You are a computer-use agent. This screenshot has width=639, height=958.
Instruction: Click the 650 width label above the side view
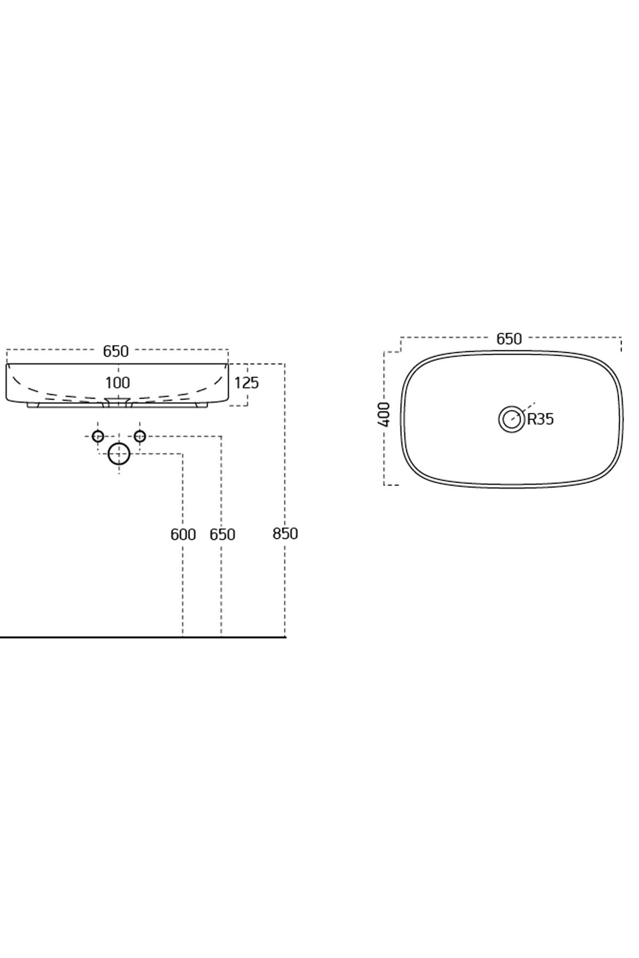tap(116, 351)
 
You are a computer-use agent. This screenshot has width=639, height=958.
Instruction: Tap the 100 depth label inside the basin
tap(118, 383)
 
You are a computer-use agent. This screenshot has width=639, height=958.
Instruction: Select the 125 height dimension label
tap(247, 383)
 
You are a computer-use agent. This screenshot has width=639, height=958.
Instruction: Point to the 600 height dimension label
tap(183, 534)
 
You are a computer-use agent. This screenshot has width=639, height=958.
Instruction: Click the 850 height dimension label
tap(285, 534)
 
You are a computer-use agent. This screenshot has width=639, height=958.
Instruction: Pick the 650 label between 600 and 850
tap(223, 534)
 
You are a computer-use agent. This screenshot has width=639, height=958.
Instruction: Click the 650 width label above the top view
tap(509, 339)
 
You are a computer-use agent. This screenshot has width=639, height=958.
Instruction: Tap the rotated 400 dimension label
tap(384, 414)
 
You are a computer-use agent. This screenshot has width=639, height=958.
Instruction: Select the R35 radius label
tap(540, 419)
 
